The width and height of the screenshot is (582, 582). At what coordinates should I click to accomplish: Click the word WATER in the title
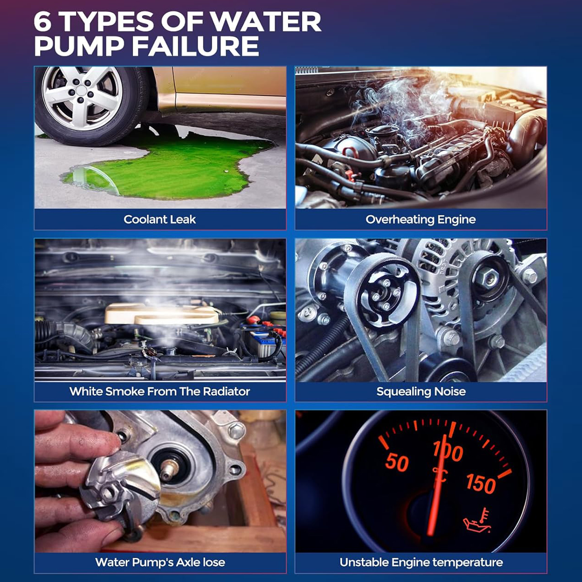(x=266, y=21)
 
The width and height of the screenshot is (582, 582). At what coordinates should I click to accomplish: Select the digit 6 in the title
(x=43, y=21)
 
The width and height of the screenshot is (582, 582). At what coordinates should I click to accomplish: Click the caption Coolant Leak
(x=160, y=219)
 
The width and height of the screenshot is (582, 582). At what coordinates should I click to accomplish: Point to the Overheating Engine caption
(x=421, y=219)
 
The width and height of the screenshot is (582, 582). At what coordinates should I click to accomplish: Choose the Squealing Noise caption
(x=421, y=391)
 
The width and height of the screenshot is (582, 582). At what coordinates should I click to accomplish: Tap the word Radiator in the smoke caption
(x=226, y=391)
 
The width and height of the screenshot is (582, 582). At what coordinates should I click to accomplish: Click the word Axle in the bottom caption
(x=188, y=562)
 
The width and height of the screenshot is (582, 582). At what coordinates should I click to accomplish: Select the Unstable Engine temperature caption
(x=421, y=562)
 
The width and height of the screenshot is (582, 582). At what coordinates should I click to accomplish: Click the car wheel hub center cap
(x=81, y=90)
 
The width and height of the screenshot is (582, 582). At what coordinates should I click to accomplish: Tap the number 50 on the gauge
(x=397, y=462)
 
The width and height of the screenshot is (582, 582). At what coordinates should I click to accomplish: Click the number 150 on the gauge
(x=481, y=483)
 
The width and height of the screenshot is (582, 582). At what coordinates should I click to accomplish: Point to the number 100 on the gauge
(x=449, y=451)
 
